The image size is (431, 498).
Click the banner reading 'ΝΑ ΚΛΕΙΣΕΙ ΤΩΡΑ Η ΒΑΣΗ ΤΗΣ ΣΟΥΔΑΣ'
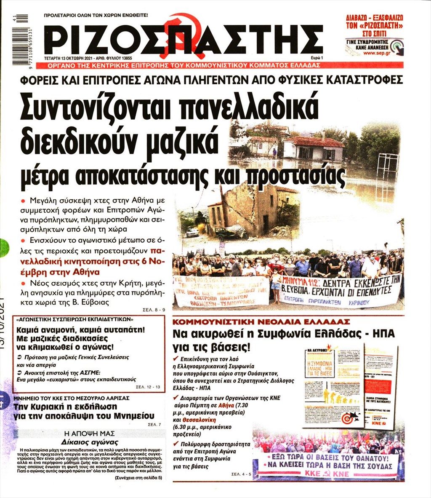tap(328, 466)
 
